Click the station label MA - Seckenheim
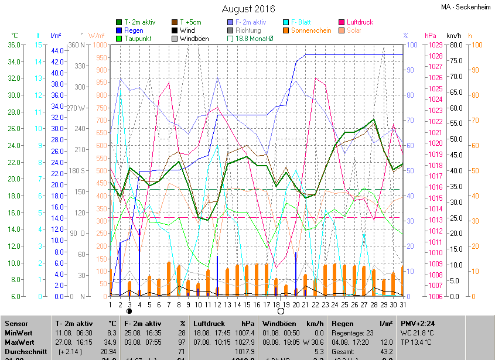[466, 7]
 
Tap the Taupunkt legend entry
[138, 39]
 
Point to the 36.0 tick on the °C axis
[13, 44]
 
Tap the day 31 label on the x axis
[402, 304]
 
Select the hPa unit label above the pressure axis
[431, 35]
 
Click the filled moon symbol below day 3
[129, 311]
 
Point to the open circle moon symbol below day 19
[281, 311]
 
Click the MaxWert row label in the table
[19, 342]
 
